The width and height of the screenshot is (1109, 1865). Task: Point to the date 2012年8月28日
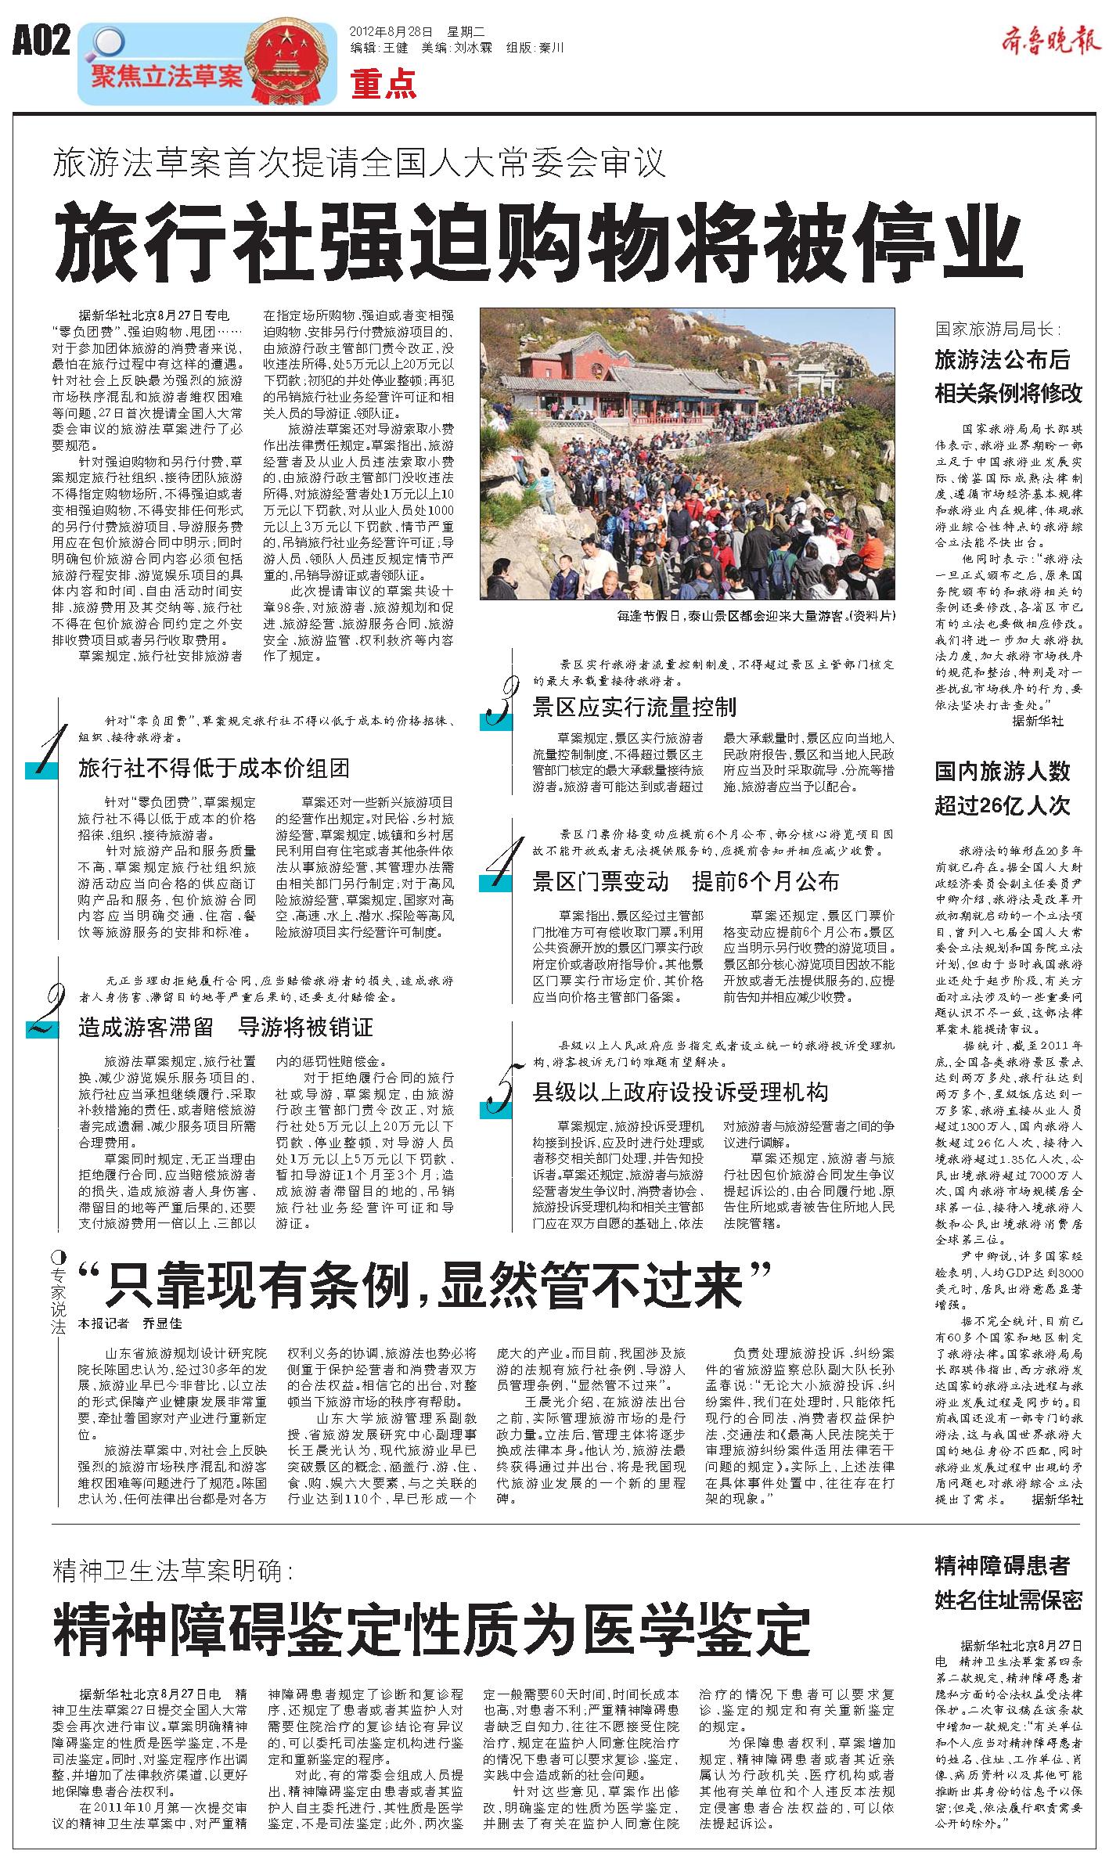coord(391,32)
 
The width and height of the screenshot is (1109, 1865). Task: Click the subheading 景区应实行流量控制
coord(634,707)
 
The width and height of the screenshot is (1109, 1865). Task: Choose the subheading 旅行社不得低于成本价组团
coord(214,768)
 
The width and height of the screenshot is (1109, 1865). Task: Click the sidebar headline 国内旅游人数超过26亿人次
coord(1003,788)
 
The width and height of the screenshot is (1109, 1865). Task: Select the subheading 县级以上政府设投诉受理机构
coord(680,1092)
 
